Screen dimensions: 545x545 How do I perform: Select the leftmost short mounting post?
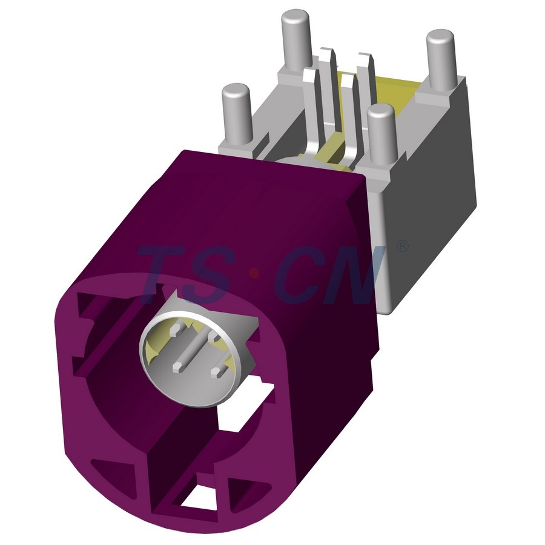(236, 114)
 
